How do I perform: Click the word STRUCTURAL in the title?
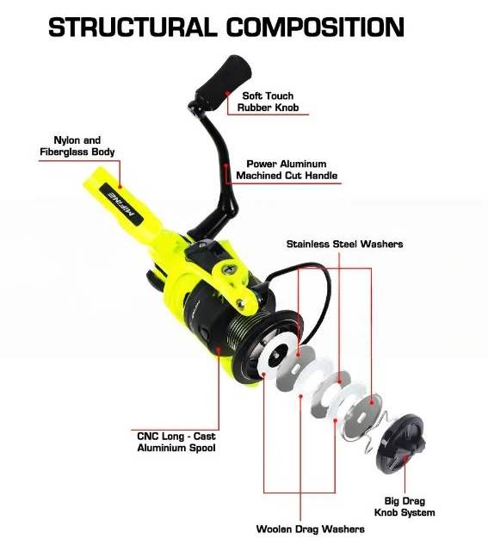pyautogui.click(x=133, y=27)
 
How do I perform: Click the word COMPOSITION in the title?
pyautogui.click(x=316, y=27)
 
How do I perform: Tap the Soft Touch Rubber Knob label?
pyautogui.click(x=268, y=102)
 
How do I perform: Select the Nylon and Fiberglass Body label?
pyautogui.click(x=77, y=146)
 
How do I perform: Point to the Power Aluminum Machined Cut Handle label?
pyautogui.click(x=287, y=170)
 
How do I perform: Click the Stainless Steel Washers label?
pyautogui.click(x=344, y=245)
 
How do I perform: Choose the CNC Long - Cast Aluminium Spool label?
pyautogui.click(x=176, y=442)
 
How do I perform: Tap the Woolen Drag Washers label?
pyautogui.click(x=310, y=530)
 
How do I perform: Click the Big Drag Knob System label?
pyautogui.click(x=405, y=506)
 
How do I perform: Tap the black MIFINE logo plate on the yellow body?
pyautogui.click(x=121, y=204)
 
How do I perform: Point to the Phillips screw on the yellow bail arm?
pyautogui.click(x=228, y=269)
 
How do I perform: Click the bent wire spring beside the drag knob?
pyautogui.click(x=375, y=431)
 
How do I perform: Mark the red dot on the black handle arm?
pyautogui.click(x=225, y=165)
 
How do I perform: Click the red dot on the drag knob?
pyautogui.click(x=405, y=458)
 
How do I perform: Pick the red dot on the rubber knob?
pyautogui.click(x=227, y=93)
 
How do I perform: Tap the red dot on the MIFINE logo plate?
pyautogui.click(x=120, y=186)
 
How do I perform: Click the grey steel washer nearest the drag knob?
pyautogui.click(x=360, y=417)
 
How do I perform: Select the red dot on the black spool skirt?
pyautogui.click(x=219, y=350)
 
